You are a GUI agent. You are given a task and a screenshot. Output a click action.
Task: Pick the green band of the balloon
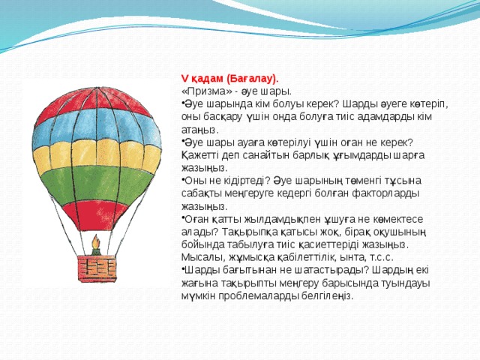(x=96, y=187)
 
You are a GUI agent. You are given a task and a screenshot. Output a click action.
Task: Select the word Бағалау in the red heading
(x=250, y=77)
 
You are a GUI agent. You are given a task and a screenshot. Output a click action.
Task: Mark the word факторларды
(x=389, y=193)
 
